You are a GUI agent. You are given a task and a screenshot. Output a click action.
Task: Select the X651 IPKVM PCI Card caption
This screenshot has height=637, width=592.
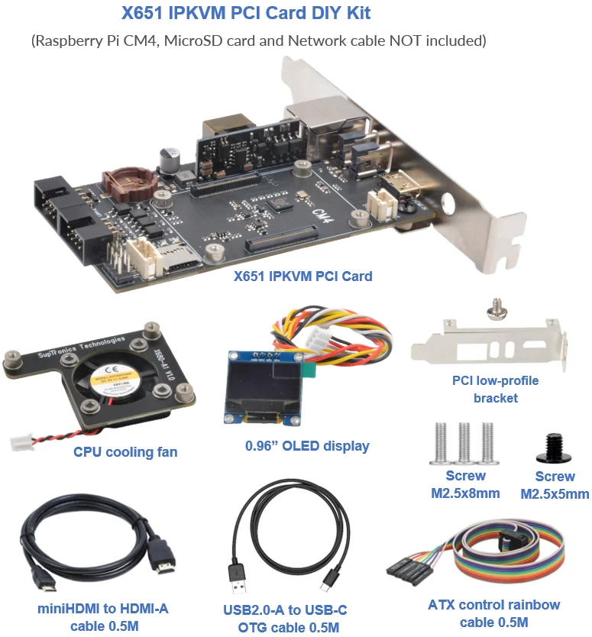coord(302,276)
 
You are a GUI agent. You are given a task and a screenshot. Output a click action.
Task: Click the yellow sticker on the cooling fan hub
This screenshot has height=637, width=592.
coord(113,379)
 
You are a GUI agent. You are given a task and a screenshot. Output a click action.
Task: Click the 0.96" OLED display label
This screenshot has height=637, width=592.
coord(307,446)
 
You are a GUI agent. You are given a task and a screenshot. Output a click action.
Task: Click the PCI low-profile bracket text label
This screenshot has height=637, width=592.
coord(495,389)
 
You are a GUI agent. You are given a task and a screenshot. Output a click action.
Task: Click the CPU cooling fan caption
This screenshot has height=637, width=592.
coord(125,452)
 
